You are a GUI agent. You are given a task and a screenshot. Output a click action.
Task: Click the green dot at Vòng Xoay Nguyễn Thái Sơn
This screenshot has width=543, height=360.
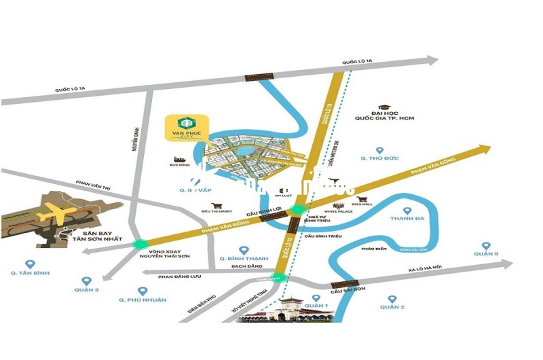click(x=141, y=245)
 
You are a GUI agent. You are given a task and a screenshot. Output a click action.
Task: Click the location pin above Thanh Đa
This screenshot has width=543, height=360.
click(x=407, y=211)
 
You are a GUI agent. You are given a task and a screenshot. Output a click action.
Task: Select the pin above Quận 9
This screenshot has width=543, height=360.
click(x=486, y=246)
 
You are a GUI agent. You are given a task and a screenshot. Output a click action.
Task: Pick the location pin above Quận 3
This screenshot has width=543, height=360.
click(x=86, y=281)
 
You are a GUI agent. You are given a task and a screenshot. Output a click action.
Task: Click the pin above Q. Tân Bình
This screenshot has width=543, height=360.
click(x=29, y=264)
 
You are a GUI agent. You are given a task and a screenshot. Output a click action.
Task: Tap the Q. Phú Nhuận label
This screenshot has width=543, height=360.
click(x=142, y=300)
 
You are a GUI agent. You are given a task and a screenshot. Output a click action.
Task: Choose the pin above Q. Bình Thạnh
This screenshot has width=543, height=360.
click(x=244, y=251)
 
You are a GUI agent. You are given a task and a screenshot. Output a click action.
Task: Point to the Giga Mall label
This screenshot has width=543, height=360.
click(x=362, y=204)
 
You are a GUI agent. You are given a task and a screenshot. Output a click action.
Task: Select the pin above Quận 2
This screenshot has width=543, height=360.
click(x=392, y=298)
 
